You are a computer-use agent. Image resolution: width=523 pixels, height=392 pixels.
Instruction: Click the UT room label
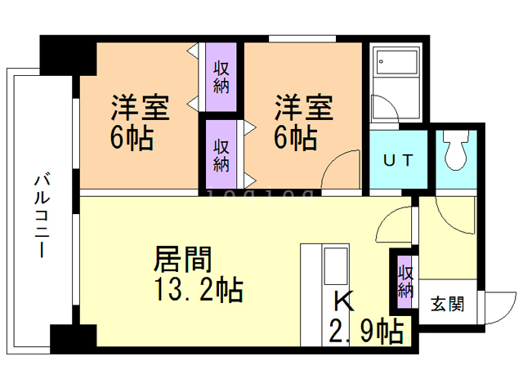398,161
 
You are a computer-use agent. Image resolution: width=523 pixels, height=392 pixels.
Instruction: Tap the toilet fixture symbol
456,149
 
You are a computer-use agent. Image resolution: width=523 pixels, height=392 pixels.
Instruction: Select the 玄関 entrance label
447,304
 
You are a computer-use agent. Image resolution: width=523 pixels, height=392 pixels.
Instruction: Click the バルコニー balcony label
42,215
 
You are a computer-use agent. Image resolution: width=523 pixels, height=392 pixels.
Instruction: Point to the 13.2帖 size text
199,290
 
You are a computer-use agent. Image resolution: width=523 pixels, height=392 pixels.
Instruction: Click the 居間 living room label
183,259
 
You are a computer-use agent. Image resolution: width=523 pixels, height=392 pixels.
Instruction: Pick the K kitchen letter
344,301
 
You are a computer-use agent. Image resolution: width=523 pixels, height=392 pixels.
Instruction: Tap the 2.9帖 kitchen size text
366,332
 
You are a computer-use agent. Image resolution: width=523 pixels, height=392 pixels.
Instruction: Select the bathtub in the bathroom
397,62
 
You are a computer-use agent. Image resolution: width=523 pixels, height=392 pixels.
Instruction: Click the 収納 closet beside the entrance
405,282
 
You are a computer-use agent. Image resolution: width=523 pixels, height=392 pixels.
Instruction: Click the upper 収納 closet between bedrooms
221,77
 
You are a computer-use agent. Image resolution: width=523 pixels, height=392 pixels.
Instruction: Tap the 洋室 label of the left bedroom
140,107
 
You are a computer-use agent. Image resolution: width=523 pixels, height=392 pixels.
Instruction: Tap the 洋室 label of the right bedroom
303,107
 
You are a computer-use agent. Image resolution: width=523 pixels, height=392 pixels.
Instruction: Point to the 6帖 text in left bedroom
132,138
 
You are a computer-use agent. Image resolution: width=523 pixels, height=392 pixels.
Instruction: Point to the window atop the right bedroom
302,38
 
